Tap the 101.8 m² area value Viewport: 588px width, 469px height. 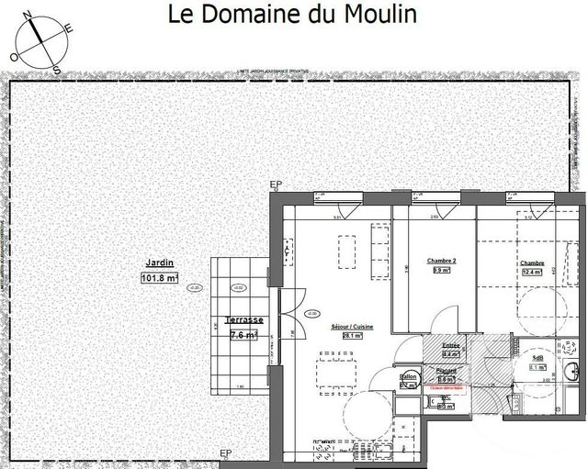click(x=159, y=278)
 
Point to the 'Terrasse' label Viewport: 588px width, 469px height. click(x=244, y=320)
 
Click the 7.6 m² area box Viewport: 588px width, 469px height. click(x=243, y=335)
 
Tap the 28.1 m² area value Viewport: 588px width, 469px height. click(x=353, y=336)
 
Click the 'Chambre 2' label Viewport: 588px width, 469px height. click(x=441, y=262)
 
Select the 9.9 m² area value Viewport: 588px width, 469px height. click(x=441, y=271)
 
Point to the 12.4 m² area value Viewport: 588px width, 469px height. click(x=533, y=272)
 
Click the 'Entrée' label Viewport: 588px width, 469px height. click(x=450, y=345)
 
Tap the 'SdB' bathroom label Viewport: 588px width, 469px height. click(x=537, y=358)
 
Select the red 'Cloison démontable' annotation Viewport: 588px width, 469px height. click(x=446, y=388)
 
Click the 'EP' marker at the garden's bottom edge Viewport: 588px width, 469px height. click(x=226, y=454)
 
